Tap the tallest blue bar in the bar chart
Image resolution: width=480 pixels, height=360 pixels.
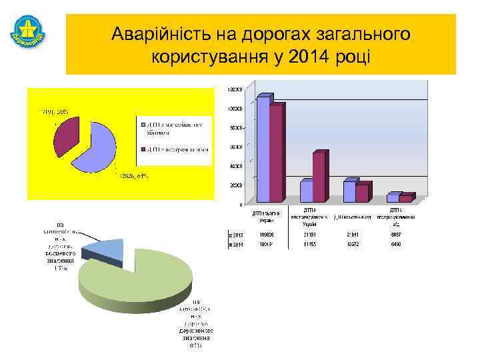263,149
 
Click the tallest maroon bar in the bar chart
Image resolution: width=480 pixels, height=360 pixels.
275,153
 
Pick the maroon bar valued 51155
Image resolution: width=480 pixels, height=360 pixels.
319,177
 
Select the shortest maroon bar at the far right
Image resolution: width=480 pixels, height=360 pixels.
405,198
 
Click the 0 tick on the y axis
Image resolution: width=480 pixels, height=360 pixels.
240,203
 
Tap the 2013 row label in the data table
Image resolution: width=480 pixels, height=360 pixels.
236,235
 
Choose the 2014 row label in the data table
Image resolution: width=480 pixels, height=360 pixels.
236,245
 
